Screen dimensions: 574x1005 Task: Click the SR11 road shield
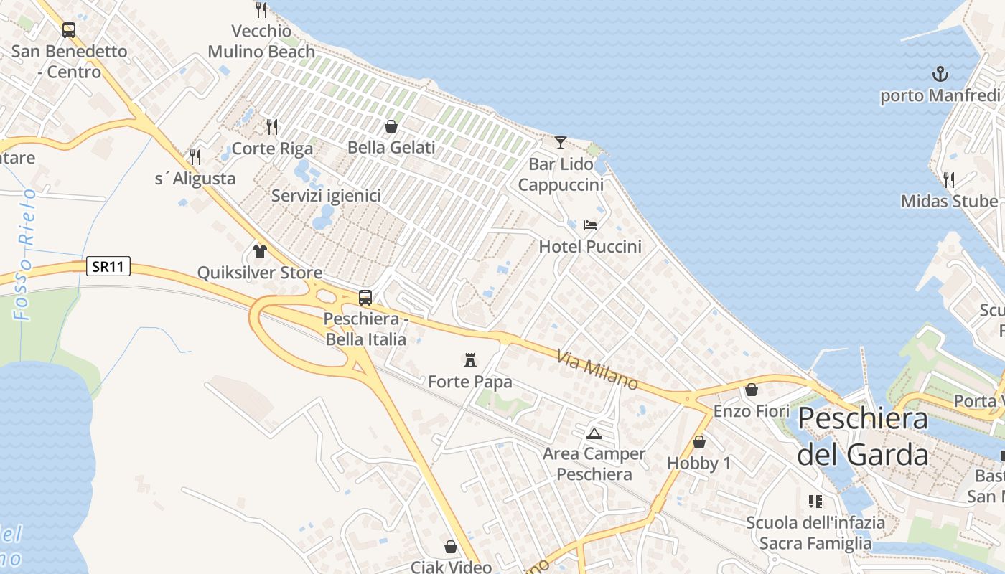[x=108, y=267]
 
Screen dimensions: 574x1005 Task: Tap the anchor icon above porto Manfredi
[x=940, y=74]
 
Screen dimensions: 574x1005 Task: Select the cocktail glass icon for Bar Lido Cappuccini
[x=561, y=142]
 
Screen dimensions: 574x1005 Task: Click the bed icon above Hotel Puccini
[x=590, y=225]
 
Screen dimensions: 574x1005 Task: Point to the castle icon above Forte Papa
[x=470, y=359]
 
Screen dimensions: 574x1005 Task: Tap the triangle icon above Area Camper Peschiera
[x=594, y=433]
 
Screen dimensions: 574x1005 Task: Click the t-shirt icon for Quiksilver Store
[x=260, y=251]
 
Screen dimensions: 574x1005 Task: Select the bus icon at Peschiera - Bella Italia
[x=365, y=297]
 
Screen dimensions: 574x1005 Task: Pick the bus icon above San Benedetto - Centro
[x=69, y=30]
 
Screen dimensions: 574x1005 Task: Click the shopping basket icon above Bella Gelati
[x=391, y=126]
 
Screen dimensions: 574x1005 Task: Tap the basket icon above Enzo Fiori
[x=752, y=390]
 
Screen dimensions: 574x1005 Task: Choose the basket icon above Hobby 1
[x=698, y=442]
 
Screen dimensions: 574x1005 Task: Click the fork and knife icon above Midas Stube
[x=949, y=179]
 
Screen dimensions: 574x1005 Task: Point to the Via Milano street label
[x=597, y=370]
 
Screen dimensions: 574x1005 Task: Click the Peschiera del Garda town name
[x=862, y=436]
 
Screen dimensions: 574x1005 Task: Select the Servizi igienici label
[x=326, y=195]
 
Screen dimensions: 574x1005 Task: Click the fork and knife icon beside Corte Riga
[x=272, y=127]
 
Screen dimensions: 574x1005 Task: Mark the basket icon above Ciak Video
[x=451, y=547]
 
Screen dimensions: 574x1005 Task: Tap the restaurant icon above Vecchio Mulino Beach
[x=261, y=10]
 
